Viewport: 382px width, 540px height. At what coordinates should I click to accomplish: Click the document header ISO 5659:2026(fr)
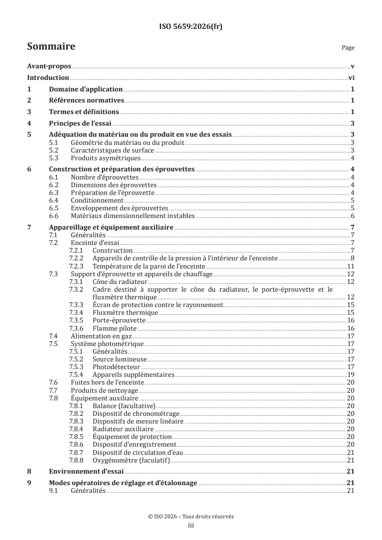coord(190,27)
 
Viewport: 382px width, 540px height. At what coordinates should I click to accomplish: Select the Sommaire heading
coord(51,47)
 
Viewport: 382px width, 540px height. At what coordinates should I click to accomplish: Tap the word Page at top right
coord(348,48)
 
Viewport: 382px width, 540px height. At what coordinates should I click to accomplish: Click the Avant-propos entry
coord(49,66)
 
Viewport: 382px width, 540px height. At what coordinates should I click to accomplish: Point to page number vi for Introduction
coord(352,77)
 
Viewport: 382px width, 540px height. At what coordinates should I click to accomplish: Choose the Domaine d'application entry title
coord(86,89)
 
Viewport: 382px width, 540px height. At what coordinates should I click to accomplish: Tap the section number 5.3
coord(56,158)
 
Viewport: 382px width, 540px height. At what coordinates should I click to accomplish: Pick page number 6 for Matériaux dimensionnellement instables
coord(353,216)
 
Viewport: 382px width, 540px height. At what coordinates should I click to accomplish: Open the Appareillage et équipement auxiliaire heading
coord(111,227)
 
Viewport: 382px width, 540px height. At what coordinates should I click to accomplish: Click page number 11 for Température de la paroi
coord(351,266)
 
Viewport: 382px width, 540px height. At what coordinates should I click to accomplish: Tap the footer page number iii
coord(191,526)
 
